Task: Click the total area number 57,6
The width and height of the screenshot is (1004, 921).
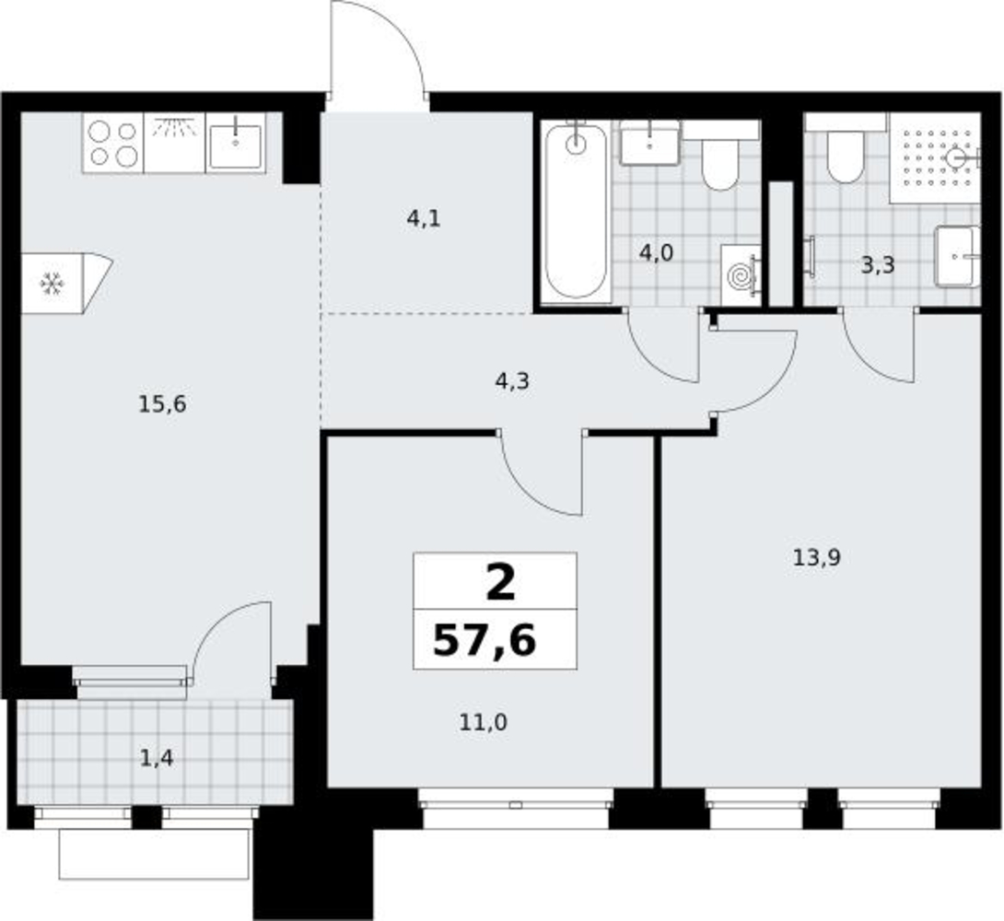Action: point(484,641)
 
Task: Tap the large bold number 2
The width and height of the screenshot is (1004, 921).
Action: point(501,584)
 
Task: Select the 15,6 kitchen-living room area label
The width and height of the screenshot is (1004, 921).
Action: point(163,404)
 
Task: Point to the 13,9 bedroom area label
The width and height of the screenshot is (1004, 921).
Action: point(816,558)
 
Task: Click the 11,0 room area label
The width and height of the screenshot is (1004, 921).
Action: point(484,723)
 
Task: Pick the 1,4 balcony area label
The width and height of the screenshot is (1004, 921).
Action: point(157,758)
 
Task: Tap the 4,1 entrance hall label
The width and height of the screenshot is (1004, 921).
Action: point(424,219)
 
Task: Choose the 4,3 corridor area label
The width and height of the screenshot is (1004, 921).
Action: point(512,381)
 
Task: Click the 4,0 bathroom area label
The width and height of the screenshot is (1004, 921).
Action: point(657,253)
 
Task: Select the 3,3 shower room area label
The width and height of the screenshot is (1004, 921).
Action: point(877,265)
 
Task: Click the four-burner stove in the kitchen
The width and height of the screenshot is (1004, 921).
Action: point(112,144)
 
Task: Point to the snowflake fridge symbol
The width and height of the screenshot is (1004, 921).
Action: point(52,284)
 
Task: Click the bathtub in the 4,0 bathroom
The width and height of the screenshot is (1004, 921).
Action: point(576,211)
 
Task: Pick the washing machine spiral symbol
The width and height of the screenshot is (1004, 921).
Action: point(741,275)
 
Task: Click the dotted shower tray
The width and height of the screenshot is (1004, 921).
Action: point(936,158)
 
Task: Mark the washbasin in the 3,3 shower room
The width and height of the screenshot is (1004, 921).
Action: point(957,256)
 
